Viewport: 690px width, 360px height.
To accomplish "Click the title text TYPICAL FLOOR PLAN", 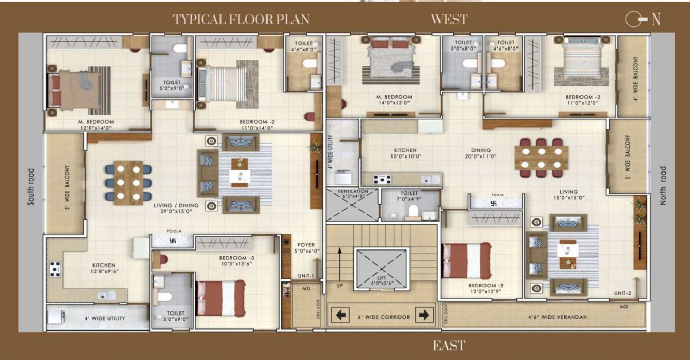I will click(241, 20).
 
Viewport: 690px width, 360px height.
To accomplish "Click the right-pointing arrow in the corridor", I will click(424, 315).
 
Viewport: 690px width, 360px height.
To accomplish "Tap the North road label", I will click(663, 185).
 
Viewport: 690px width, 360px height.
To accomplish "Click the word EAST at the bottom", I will click(449, 346).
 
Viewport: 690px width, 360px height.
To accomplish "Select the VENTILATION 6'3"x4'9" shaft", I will click(352, 205).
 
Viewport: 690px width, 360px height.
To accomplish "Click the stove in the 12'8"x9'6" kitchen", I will click(55, 268).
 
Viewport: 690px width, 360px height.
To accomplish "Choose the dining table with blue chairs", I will click(128, 182).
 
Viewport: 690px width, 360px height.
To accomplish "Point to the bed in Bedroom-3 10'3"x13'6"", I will click(220, 298).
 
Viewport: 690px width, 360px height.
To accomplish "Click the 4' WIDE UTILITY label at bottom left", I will click(104, 318).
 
